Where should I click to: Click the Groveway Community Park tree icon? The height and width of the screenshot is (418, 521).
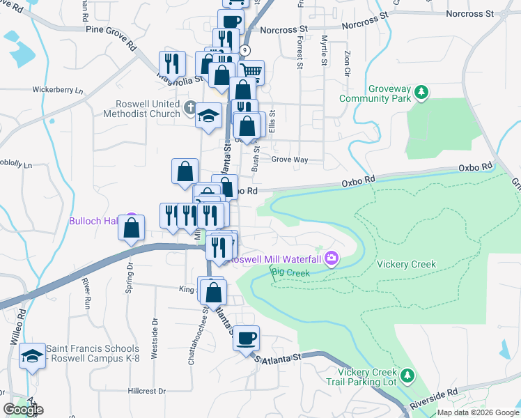421,91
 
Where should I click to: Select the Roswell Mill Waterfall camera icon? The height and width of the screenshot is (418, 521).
331,259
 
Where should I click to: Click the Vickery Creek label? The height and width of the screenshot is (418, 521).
406,265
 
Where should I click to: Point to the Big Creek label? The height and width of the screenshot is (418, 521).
290,273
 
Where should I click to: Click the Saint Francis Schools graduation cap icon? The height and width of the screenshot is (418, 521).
31,356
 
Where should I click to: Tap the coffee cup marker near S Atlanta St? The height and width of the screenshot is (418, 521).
246,339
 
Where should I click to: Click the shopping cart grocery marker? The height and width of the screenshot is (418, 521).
251,71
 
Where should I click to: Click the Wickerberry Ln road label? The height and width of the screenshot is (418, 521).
58,91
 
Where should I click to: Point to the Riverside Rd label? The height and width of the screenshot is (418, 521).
433,399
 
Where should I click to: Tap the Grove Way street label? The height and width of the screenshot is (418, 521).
290,160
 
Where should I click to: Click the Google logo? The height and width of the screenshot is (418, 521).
24,410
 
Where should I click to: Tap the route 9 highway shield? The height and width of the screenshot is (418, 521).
244,50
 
